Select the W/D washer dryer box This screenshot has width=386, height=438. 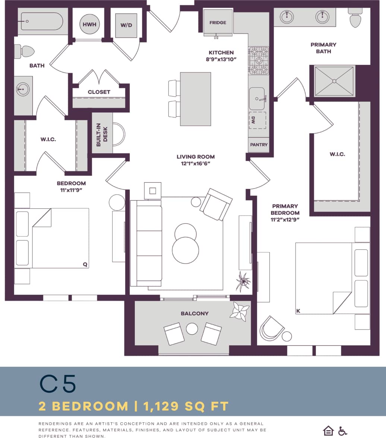[126, 25]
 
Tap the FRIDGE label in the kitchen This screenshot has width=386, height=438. [218, 23]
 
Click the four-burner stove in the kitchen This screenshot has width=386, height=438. [259, 60]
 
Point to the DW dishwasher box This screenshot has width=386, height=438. [257, 120]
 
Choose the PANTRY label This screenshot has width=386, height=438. [259, 145]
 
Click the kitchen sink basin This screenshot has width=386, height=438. [257, 99]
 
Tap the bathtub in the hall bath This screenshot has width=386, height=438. [42, 22]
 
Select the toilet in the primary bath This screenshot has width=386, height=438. [355, 19]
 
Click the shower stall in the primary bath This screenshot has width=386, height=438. [334, 81]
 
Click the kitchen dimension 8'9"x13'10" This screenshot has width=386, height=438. [221, 59]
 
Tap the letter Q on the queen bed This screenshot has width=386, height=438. [85, 264]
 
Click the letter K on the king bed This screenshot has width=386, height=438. [298, 311]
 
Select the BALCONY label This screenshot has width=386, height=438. [194, 313]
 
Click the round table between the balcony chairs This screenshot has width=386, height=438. [192, 329]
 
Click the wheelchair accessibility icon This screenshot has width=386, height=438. [342, 431]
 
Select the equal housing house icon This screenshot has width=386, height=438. [328, 431]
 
